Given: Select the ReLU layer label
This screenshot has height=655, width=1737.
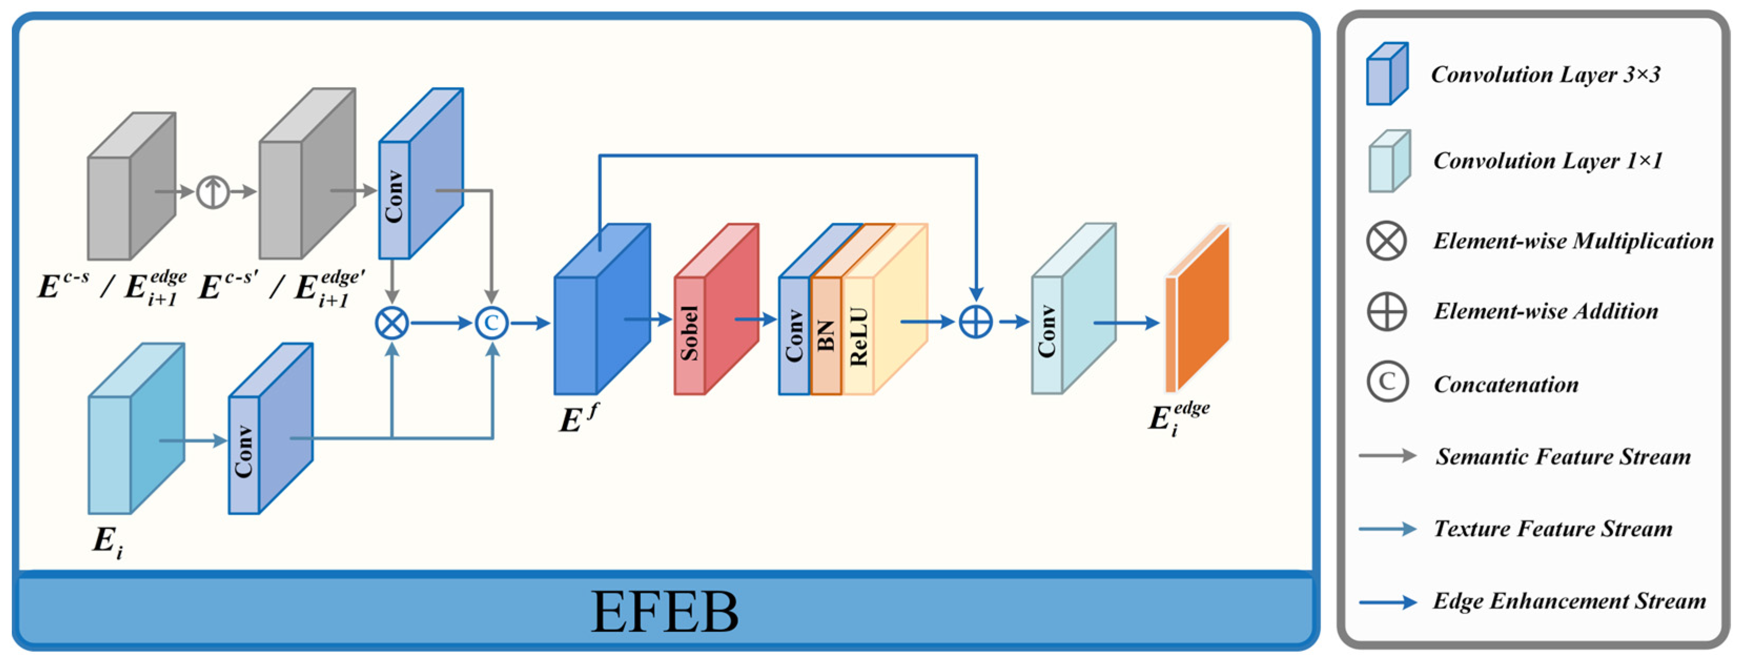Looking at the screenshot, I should [858, 337].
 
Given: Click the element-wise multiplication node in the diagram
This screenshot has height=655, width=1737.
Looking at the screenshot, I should [392, 324].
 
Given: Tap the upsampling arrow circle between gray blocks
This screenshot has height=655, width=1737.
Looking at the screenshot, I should [212, 192].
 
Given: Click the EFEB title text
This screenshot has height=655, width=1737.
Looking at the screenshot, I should [664, 612].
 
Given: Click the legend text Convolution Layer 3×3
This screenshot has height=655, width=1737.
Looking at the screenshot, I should [1546, 74].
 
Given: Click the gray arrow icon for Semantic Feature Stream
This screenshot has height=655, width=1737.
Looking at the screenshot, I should [1387, 456].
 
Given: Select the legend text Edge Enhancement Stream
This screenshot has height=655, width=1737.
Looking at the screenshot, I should [1569, 601].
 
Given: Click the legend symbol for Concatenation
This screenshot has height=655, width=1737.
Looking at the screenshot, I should [1387, 382].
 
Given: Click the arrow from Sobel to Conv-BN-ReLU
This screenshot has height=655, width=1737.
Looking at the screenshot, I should [755, 319].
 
